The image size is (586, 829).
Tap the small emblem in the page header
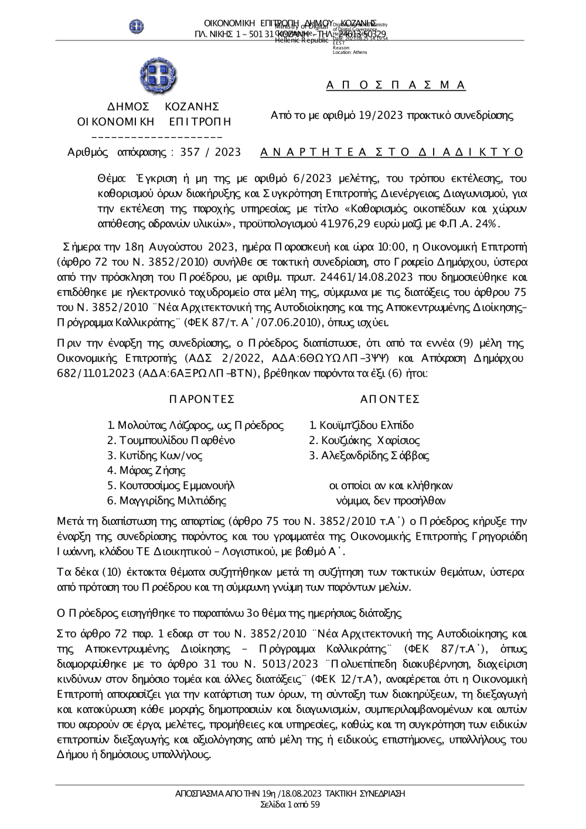137,26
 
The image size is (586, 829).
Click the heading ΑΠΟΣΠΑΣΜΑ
396,86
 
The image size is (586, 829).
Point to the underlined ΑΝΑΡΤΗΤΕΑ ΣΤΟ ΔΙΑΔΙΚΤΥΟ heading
391,152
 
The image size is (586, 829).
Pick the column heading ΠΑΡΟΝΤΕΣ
202,399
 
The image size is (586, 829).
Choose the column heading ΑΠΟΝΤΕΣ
390,399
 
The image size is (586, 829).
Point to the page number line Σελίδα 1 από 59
290,804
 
